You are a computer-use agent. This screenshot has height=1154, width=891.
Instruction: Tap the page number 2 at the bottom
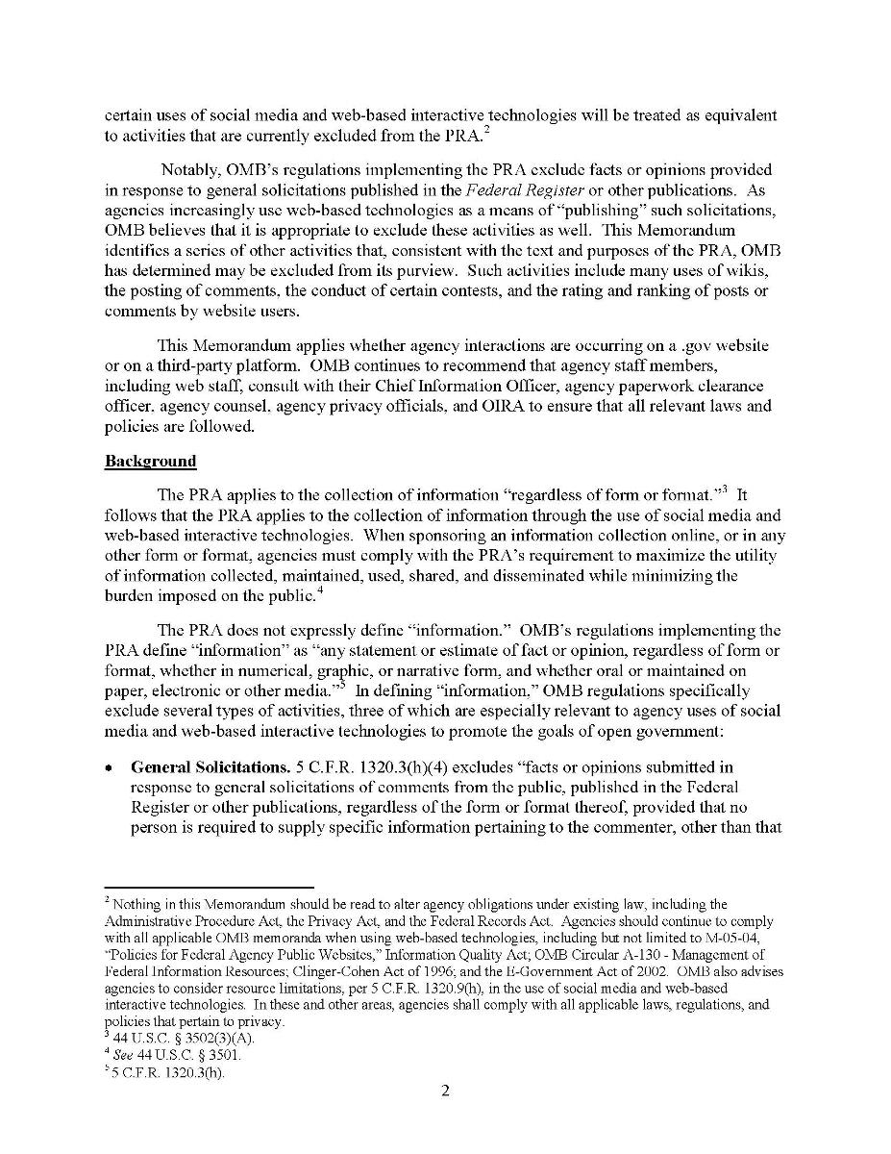tap(446, 1091)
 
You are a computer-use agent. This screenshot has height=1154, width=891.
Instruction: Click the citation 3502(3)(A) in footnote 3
tap(199, 1039)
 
